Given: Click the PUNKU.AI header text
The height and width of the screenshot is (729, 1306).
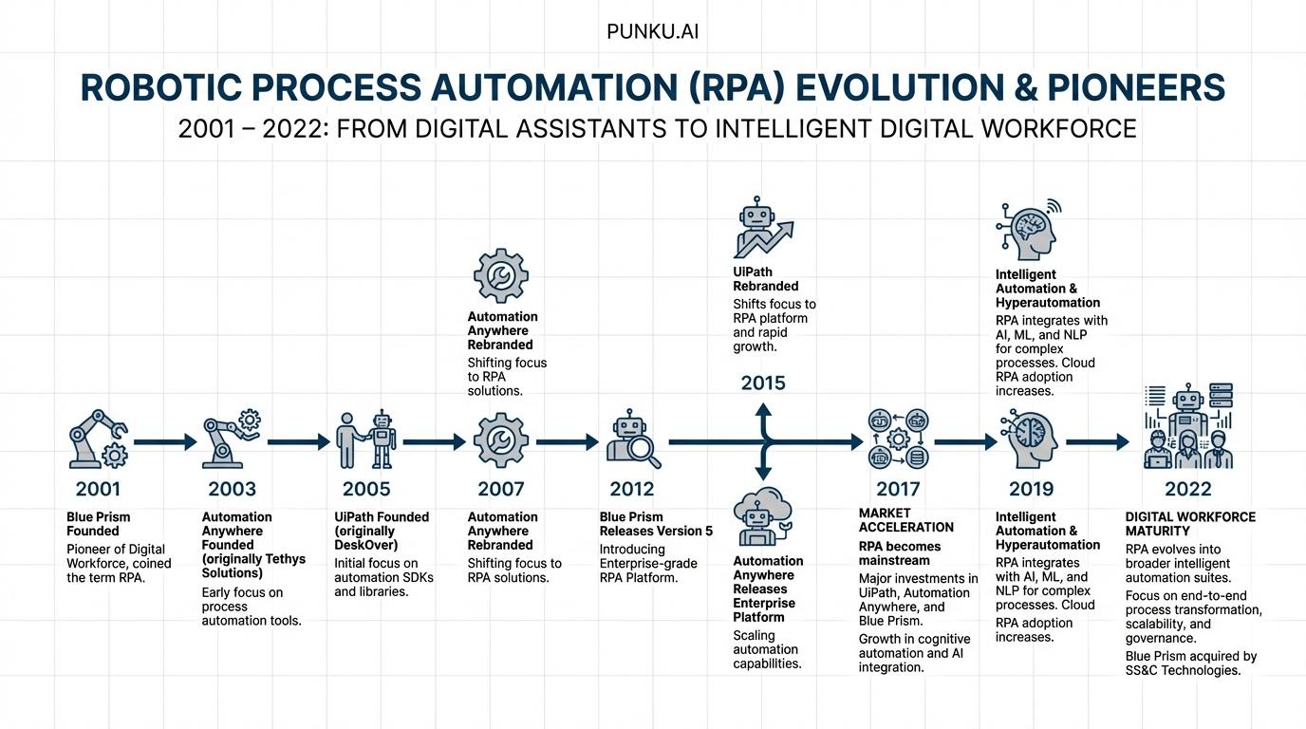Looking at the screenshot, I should point(653,32).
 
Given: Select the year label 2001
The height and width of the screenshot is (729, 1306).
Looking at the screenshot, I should point(98,489).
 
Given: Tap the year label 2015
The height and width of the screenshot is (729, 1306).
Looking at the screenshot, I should point(763,383).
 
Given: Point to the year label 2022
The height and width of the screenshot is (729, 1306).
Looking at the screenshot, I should point(1187,489).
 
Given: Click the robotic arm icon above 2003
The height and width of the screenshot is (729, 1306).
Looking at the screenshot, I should point(231,439).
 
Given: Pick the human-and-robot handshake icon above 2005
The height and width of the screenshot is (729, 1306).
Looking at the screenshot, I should point(366,439).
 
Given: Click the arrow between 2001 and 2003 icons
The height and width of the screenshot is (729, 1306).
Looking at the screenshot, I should point(164,441).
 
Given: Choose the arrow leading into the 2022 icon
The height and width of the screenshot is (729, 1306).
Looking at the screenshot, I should point(1097,441).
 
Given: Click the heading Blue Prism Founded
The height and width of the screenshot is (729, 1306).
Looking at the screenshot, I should point(98,524).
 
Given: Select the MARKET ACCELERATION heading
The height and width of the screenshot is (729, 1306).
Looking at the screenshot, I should point(905,520).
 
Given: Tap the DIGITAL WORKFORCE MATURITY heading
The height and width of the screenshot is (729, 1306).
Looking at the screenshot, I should point(1189,524).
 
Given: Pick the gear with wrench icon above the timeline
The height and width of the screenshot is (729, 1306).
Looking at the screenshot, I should point(500,276).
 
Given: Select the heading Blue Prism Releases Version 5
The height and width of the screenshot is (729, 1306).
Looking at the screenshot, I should point(655,524).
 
